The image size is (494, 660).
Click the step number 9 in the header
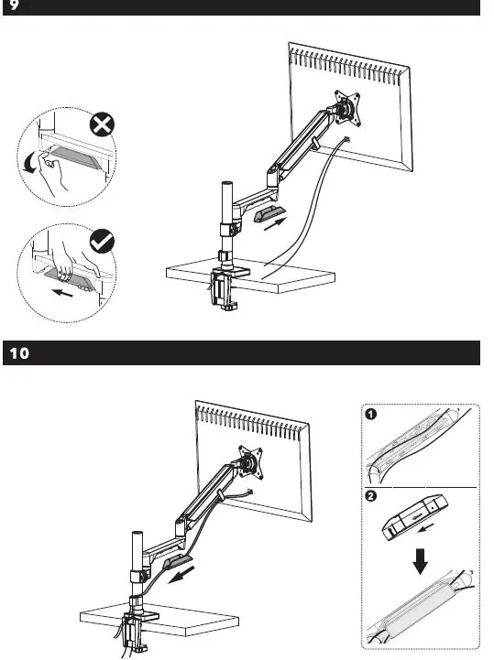point(14,5)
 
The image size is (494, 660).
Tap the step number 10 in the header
point(20,352)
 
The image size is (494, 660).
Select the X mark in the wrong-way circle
point(102,125)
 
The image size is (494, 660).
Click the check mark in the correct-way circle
point(102,241)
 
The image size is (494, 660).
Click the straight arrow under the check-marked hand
point(62,292)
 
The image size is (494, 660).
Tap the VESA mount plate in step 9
point(347,108)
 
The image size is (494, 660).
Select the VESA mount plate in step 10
point(251,462)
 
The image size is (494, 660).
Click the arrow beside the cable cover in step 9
point(275,223)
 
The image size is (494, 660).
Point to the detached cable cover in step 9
point(269,215)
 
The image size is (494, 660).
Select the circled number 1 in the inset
point(370,414)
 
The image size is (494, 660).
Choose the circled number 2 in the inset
point(370,496)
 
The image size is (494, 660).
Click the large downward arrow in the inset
point(421,561)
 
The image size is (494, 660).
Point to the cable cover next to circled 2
point(415,517)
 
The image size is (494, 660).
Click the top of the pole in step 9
point(227,184)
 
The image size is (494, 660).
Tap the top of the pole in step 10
point(137,534)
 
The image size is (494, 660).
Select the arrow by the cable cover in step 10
point(181,575)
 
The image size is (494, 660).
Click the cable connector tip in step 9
point(347,139)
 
